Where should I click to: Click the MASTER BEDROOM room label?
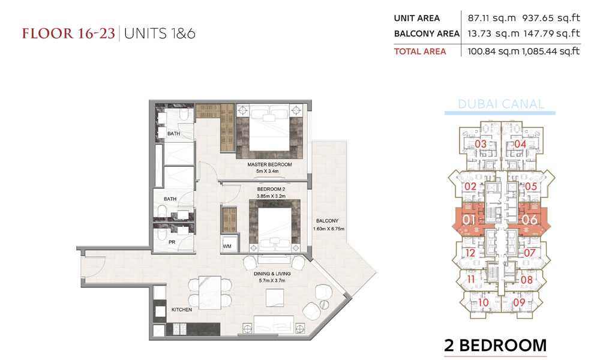tap(269, 164)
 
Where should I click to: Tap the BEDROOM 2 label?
tap(271, 190)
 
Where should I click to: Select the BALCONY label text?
tap(327, 221)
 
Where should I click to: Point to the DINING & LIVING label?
tap(272, 274)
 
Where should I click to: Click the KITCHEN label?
tap(182, 310)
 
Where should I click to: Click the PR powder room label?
tap(172, 242)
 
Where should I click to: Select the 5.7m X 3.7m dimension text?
tap(272, 280)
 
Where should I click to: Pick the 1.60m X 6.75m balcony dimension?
tap(329, 229)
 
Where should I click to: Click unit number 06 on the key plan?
tap(529, 220)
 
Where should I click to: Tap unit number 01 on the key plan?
tap(469, 220)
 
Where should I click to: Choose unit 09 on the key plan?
tap(519, 302)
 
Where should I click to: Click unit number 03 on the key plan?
tap(481, 144)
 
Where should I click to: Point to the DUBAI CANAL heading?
tap(500, 104)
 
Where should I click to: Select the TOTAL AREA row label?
tap(420, 51)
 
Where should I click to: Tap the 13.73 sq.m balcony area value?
tap(493, 34)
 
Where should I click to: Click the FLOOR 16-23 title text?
tap(68, 33)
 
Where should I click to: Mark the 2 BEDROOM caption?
tap(496, 346)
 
